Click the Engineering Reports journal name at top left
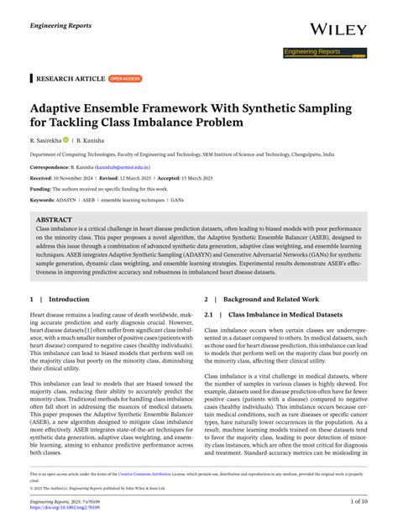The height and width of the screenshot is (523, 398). (60, 26)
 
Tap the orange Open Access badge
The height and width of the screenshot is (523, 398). (124, 78)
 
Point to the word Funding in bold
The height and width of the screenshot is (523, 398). (43, 190)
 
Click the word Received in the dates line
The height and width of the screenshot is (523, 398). (45, 179)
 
